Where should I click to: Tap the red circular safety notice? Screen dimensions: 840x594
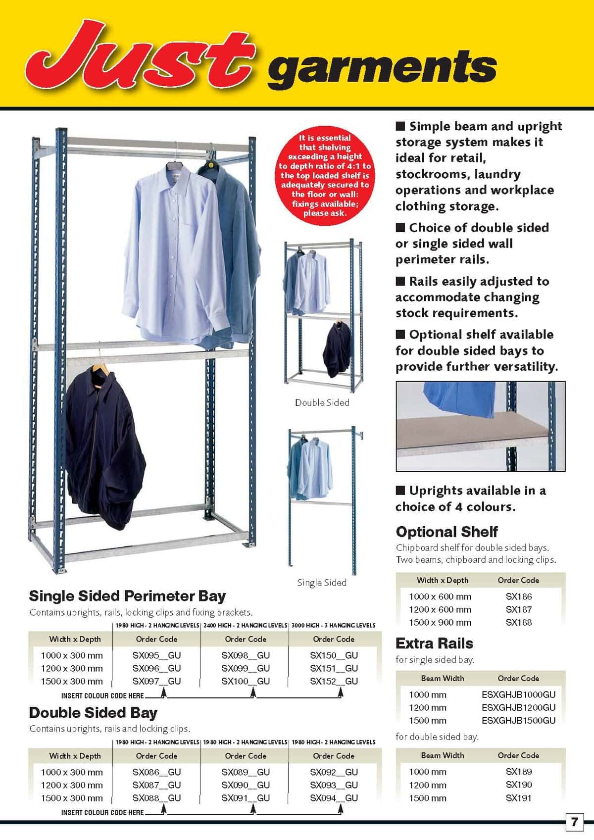[324, 175]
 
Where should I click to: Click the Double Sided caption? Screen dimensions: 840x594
[322, 402]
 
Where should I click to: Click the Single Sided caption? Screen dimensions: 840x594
[322, 583]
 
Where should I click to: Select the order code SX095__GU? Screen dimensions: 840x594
[156, 655]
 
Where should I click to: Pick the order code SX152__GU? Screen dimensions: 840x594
[334, 681]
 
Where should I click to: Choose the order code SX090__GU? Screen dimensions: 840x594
[246, 785]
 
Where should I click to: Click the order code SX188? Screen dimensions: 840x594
[518, 622]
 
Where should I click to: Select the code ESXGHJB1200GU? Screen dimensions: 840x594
[518, 707]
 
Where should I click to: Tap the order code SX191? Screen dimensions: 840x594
[518, 798]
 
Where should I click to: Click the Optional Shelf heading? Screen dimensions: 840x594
[446, 532]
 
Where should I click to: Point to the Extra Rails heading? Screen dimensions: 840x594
[434, 643]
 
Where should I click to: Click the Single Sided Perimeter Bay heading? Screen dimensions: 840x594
[127, 595]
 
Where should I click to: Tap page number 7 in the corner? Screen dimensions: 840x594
[574, 822]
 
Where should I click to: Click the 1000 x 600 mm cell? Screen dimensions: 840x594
[440, 596]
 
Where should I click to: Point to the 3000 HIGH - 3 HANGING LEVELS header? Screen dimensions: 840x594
[333, 625]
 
